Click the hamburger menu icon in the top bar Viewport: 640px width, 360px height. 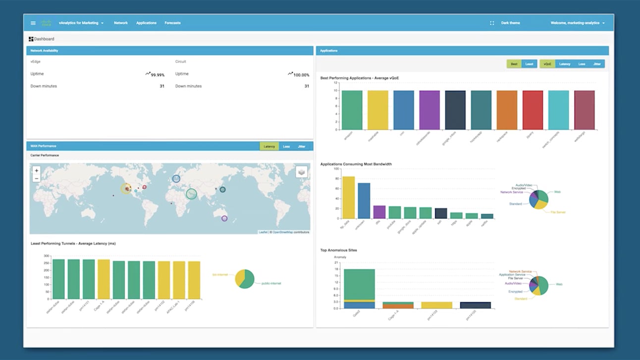(x=33, y=23)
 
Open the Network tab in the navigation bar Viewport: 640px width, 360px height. (x=121, y=23)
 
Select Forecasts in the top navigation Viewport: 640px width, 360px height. (x=172, y=23)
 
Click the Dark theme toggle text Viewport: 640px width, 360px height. (x=510, y=23)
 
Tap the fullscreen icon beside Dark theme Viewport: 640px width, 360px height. (x=492, y=23)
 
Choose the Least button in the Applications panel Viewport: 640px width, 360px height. (x=529, y=64)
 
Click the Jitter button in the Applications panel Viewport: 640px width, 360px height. (x=597, y=64)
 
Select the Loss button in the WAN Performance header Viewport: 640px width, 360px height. (x=286, y=147)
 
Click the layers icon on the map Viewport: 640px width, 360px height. (x=301, y=172)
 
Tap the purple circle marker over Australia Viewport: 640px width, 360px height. (x=224, y=218)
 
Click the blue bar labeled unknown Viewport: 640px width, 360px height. (x=364, y=201)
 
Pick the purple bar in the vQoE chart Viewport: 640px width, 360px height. (x=429, y=110)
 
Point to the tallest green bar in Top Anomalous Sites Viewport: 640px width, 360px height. (x=359, y=284)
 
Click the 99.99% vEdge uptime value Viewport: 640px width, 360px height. (x=158, y=75)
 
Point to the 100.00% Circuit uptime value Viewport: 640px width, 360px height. (x=301, y=75)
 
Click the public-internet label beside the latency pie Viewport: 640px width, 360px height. (x=271, y=284)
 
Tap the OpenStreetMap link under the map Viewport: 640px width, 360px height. (x=283, y=232)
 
